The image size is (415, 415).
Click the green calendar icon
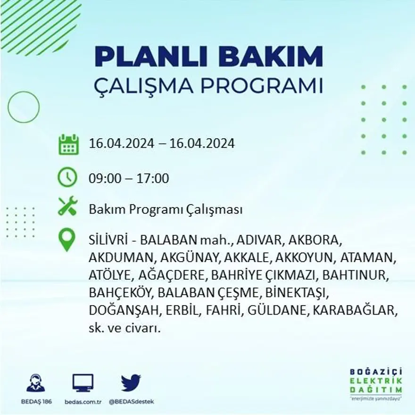pos(69,144)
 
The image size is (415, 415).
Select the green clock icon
pos(67,178)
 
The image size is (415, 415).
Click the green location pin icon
pos(67,240)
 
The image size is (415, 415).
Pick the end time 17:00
pos(153,179)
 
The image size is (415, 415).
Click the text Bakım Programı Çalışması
pos(166,209)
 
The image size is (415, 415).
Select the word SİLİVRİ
pos(108,240)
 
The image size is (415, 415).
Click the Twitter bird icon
pos(131,383)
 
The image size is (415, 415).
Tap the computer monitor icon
pos(83,383)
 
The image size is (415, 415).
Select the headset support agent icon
pos(36,383)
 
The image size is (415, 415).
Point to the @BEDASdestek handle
pos(132,401)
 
